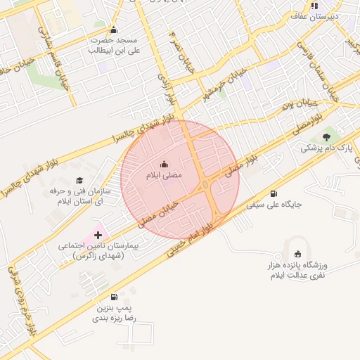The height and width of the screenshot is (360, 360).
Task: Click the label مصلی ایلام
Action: (x=162, y=173)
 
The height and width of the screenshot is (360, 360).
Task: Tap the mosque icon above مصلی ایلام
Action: (x=165, y=163)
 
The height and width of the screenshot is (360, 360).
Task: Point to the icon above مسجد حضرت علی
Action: (x=114, y=30)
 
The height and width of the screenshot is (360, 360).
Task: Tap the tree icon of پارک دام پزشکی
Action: (x=326, y=138)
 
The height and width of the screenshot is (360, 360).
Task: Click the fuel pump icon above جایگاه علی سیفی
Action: (x=274, y=194)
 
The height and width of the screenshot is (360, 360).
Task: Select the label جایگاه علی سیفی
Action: (x=273, y=205)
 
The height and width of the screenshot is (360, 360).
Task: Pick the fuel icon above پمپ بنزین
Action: (x=115, y=297)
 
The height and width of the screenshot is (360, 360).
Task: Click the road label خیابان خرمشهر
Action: (x=225, y=86)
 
